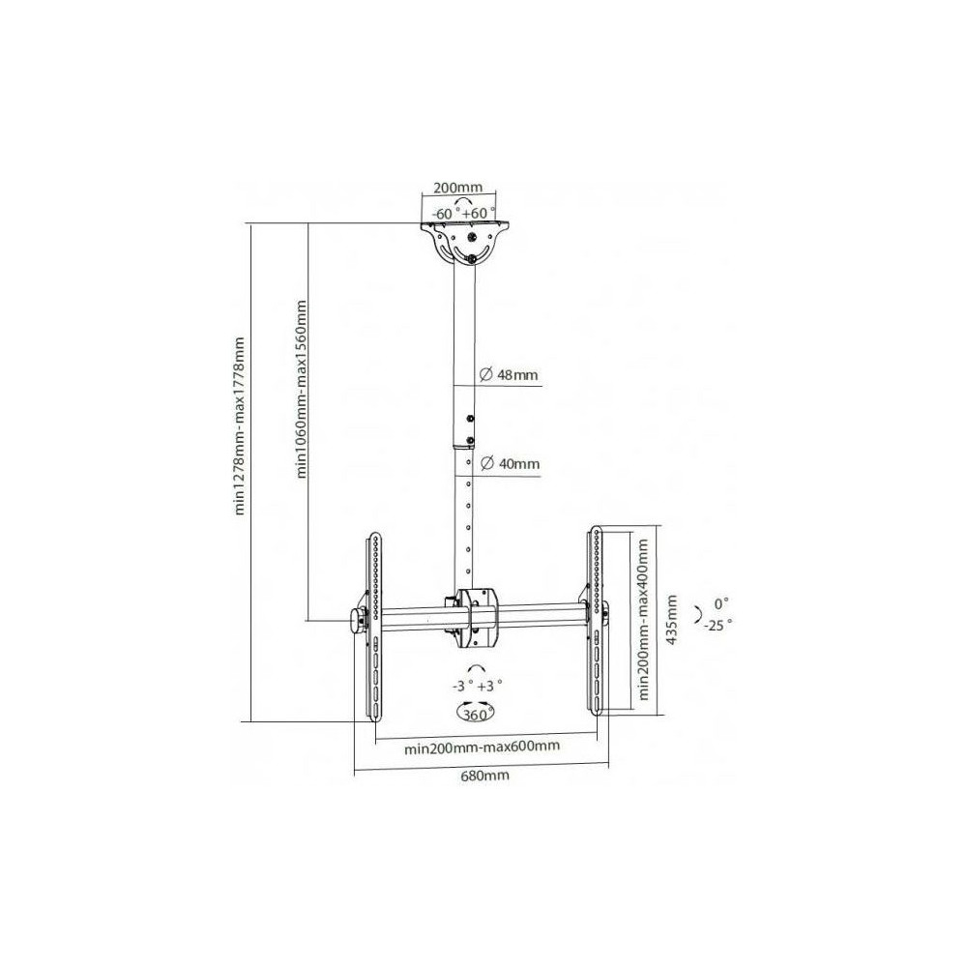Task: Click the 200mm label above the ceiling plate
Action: click(x=457, y=187)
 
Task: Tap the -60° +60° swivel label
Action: click(x=464, y=214)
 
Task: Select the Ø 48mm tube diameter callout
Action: click(x=509, y=374)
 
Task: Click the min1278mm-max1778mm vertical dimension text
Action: click(x=239, y=425)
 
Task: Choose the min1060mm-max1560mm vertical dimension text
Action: click(x=301, y=389)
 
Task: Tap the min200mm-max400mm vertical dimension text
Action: click(x=643, y=619)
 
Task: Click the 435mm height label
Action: click(x=672, y=619)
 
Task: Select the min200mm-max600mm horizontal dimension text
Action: click(x=483, y=747)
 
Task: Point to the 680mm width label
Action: click(x=485, y=776)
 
